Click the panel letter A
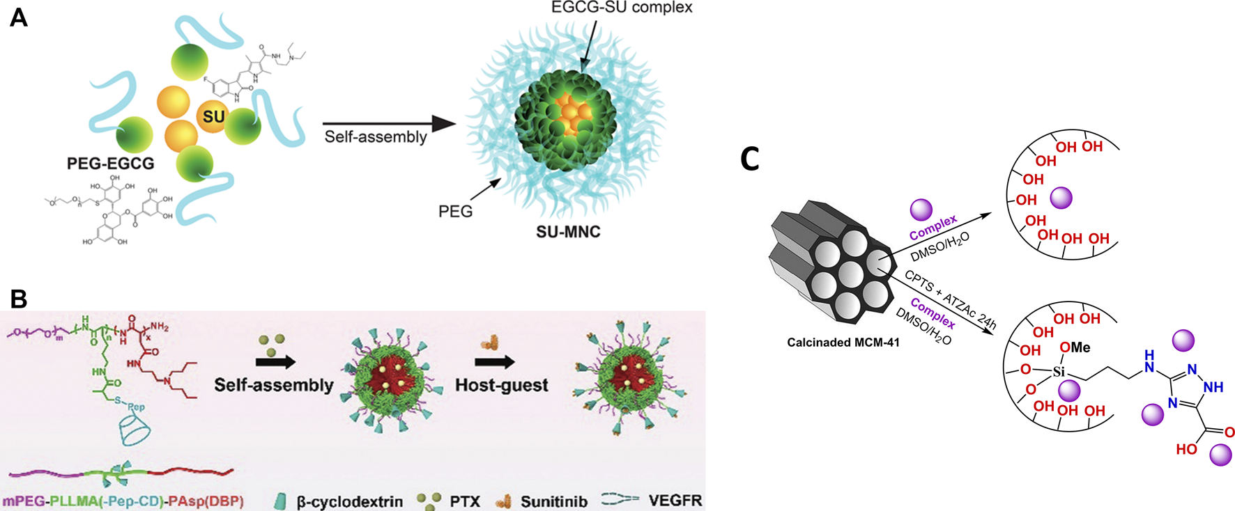tap(19, 17)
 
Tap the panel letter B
tap(19, 299)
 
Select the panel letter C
tap(750, 159)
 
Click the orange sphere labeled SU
tap(213, 116)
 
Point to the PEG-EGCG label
tap(110, 164)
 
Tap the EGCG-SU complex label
tap(621, 8)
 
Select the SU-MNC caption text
tap(568, 233)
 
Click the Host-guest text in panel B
tap(501, 385)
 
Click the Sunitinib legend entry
tap(553, 501)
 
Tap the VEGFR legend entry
tap(675, 500)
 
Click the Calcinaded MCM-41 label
tap(843, 342)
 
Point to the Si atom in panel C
tap(1059, 371)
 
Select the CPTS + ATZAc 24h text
tap(950, 299)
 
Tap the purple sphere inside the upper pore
tap(1061, 198)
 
